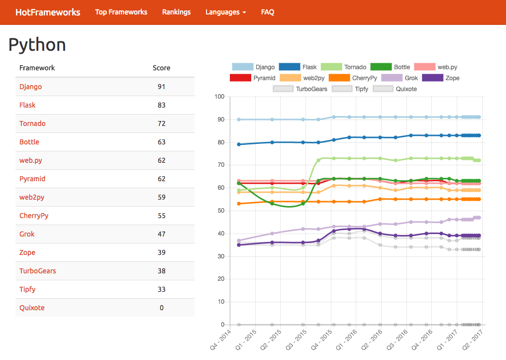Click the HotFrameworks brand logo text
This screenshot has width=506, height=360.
coord(48,12)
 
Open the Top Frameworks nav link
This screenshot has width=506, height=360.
coord(121,12)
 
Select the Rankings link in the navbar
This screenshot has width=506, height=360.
coord(176,12)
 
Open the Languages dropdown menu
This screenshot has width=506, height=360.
coord(225,12)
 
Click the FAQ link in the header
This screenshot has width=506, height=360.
coord(268,12)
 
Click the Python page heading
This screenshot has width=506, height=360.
coord(37,45)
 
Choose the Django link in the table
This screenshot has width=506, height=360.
coord(30,87)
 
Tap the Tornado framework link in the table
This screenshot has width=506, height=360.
coord(32,123)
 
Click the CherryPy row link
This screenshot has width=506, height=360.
coord(34,216)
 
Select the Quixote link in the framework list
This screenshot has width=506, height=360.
coord(32,308)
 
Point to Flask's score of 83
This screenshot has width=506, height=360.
coord(161,105)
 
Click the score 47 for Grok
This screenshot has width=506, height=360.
coord(161,234)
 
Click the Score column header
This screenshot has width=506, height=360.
coord(161,68)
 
